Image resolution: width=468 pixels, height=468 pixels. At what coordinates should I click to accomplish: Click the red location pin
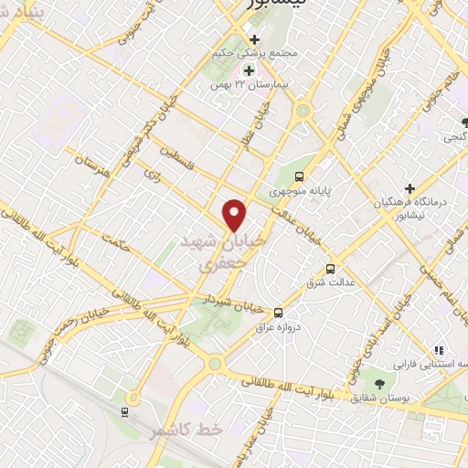(236, 215)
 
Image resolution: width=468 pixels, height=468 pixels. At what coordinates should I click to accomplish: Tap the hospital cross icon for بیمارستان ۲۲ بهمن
(249, 70)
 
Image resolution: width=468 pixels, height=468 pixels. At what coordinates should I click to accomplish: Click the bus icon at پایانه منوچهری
(302, 176)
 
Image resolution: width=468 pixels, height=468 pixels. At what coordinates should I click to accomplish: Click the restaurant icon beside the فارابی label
(439, 349)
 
